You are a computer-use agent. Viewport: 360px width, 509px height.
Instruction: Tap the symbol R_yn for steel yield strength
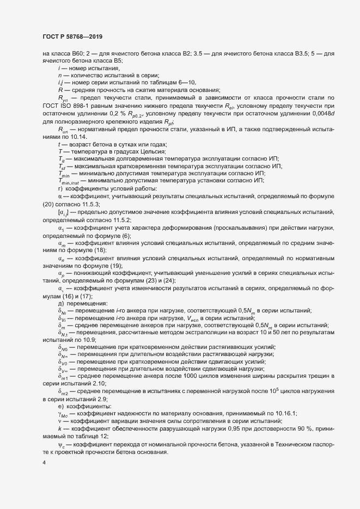coord(63,97)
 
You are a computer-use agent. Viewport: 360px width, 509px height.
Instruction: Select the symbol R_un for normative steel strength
coord(63,131)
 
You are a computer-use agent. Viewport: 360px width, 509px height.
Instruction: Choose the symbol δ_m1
coord(63,376)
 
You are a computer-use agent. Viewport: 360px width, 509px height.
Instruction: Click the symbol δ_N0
coord(63,347)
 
